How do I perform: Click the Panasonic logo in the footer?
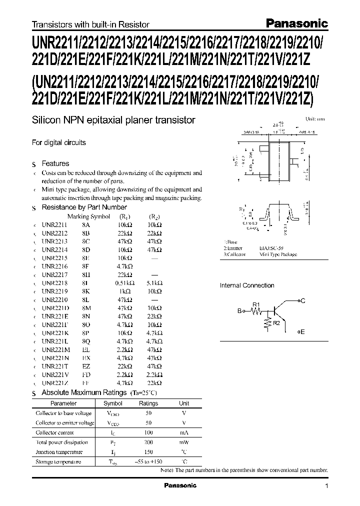pos(180,485)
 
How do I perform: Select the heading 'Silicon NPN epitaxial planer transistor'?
pos(113,120)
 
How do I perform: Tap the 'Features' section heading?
pos(55,163)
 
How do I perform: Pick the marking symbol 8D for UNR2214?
pos(87,248)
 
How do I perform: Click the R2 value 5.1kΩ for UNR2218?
pos(155,282)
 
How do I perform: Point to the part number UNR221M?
pos(56,350)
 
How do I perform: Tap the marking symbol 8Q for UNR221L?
pos(87,342)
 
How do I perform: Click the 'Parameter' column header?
pos(64,403)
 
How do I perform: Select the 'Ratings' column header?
pos(148,403)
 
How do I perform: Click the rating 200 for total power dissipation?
pos(148,442)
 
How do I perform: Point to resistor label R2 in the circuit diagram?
pos(276,323)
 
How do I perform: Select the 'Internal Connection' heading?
pos(247,285)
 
